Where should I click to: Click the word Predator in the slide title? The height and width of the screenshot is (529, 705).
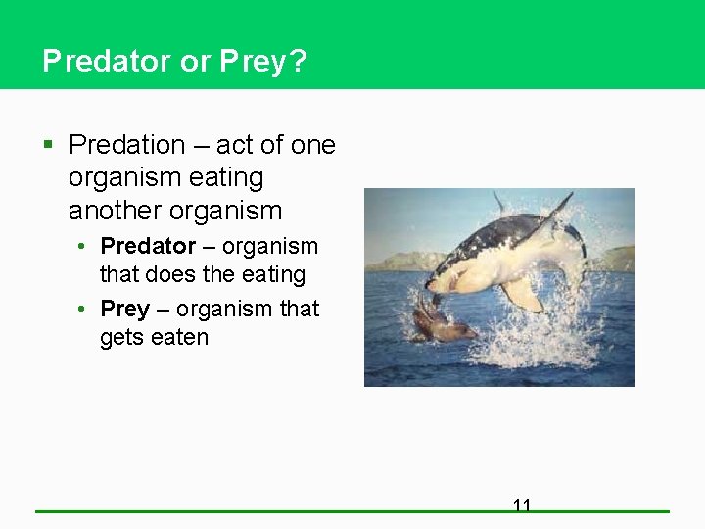point(107,62)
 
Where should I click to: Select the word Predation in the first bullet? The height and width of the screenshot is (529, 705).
point(126,145)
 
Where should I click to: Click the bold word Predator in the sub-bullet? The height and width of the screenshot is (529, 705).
point(148,246)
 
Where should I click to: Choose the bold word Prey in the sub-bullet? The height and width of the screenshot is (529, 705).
point(124,309)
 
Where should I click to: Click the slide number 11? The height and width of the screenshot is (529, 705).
point(522,505)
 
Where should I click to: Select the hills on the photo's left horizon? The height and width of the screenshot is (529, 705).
point(401,261)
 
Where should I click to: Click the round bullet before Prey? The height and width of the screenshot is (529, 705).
point(86,310)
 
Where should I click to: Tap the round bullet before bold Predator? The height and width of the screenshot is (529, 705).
point(86,247)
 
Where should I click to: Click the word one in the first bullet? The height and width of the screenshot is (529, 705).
point(313,145)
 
